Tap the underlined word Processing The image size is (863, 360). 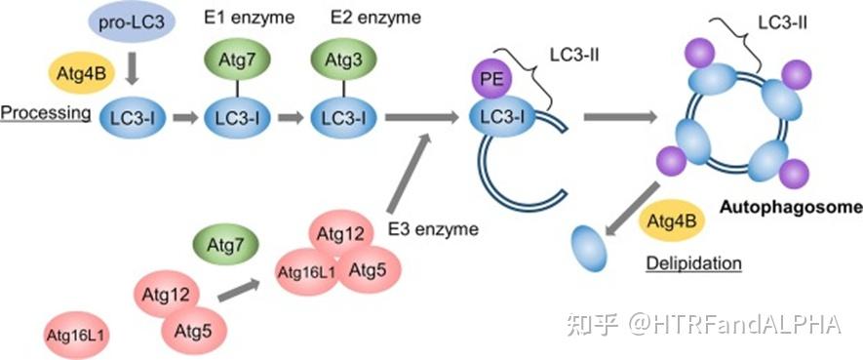[x=45, y=114]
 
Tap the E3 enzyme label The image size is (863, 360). [x=433, y=230]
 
